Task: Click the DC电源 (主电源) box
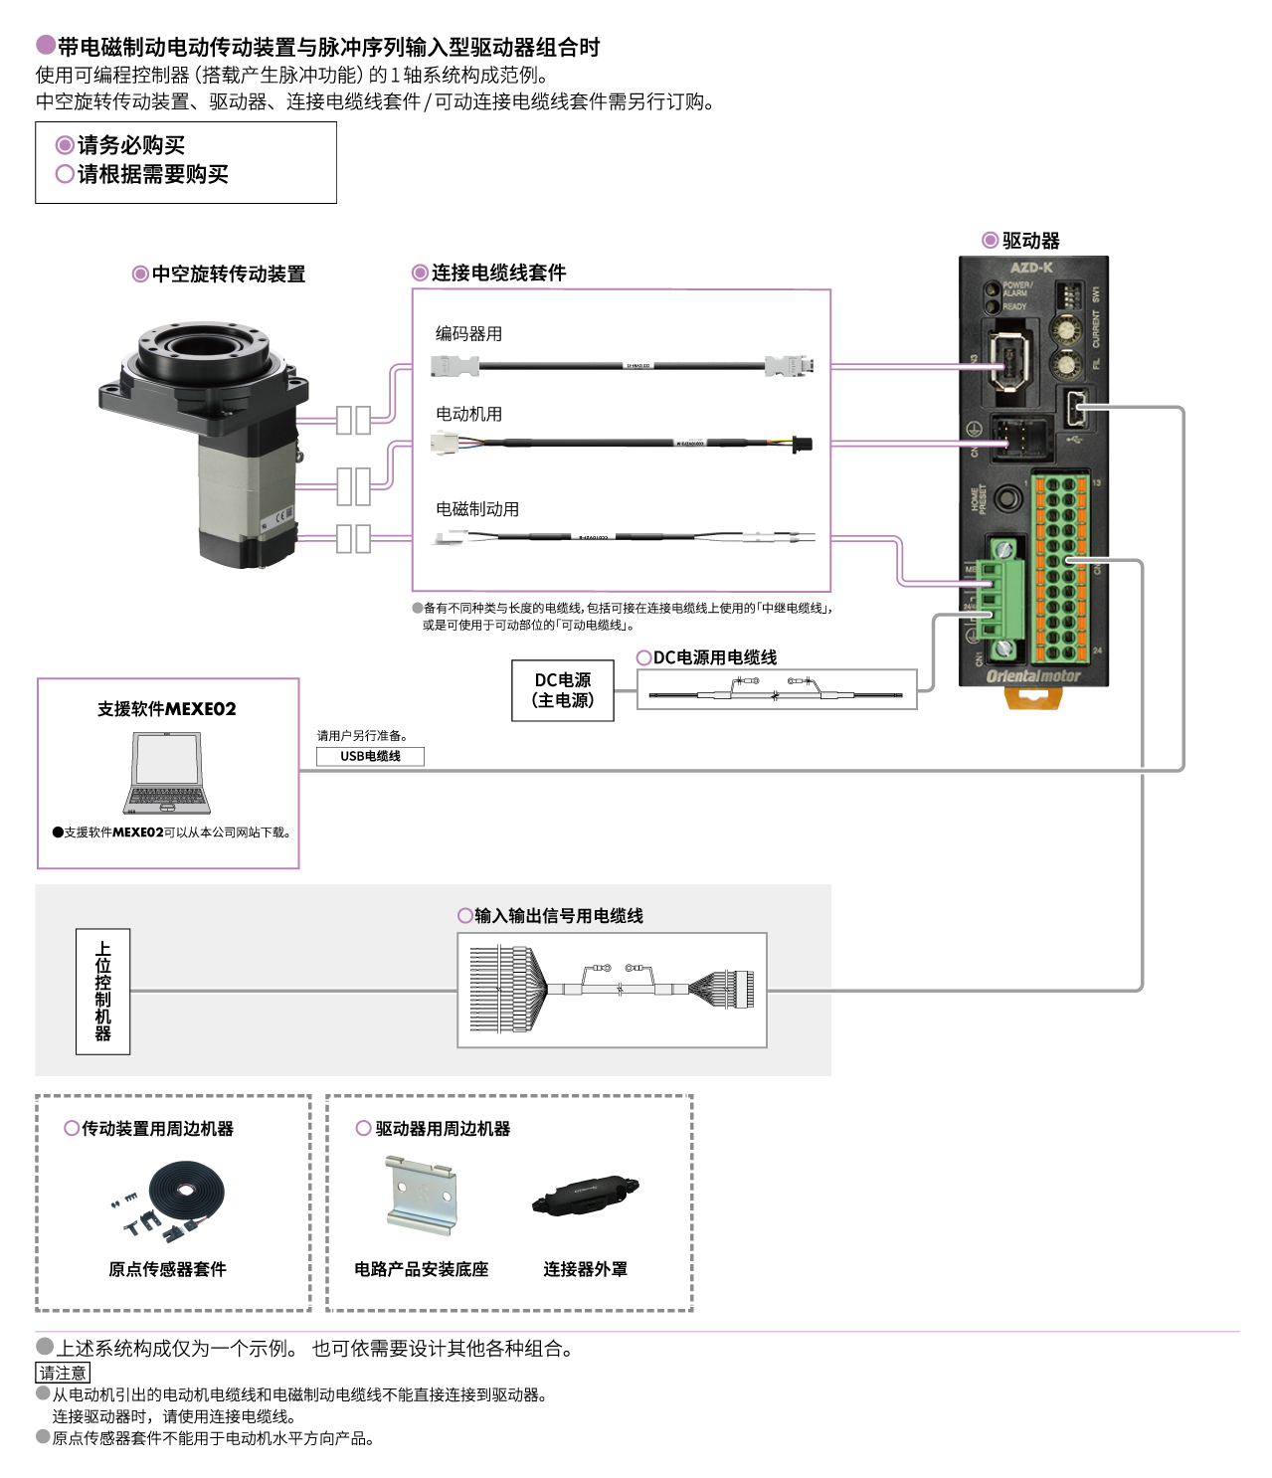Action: click(563, 690)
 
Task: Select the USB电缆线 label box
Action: click(370, 756)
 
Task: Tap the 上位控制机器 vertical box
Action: click(103, 991)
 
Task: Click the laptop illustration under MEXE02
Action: click(167, 774)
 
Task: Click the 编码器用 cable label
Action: click(468, 334)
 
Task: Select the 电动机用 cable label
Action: click(468, 414)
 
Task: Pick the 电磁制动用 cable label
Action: click(476, 509)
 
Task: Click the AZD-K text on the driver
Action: click(1031, 268)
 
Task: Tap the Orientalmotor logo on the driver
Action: click(1032, 676)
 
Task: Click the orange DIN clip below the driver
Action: click(1033, 698)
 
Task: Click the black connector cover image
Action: click(585, 1195)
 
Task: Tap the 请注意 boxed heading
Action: click(63, 1373)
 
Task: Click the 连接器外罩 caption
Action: click(585, 1269)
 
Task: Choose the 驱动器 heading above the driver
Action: click(1030, 241)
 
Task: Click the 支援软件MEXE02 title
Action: click(167, 709)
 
